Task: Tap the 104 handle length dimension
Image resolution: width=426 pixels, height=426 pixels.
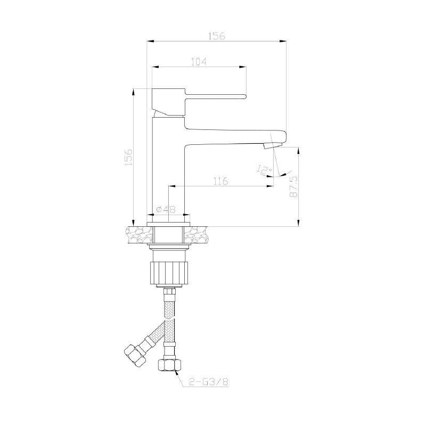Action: coord(199,62)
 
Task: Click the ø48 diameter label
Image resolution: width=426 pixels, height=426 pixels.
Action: coord(166,210)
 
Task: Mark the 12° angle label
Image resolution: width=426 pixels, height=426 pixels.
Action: coord(263,170)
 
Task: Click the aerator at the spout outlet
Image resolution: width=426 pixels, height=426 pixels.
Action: coord(272,145)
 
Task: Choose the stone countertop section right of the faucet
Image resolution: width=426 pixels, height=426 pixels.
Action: coord(199,234)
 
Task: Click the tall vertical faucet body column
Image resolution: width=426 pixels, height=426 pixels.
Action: coord(168,165)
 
